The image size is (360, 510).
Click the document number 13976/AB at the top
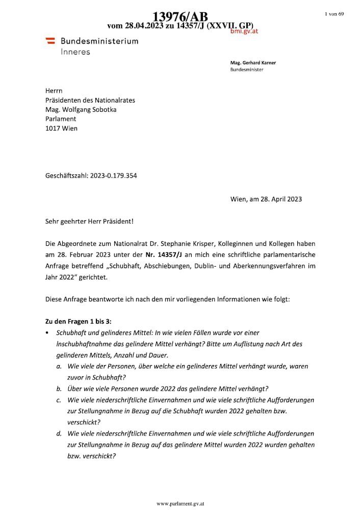180,17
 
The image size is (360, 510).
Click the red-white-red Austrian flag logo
50,40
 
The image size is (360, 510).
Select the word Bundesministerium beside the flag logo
99,41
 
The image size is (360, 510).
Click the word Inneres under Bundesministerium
75,52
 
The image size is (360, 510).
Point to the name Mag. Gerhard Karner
253,63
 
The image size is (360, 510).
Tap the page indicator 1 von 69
334,14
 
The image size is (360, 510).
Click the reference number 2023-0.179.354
113,176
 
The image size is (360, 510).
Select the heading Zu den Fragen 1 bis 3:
78,321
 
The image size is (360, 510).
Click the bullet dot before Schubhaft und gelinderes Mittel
47,333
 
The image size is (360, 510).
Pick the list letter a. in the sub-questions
60,366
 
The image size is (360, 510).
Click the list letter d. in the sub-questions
60,433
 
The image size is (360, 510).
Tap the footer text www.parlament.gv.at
181,503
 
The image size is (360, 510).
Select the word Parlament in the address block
61,119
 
